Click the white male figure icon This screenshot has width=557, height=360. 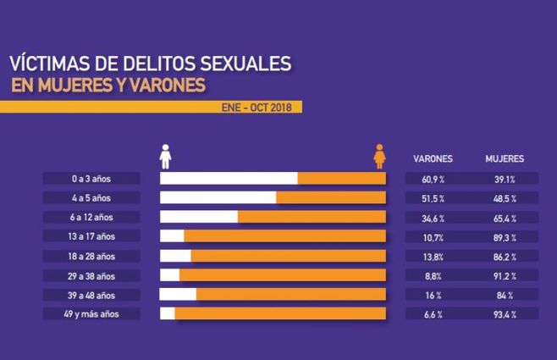(x=166, y=156)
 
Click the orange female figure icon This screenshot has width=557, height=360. (x=381, y=156)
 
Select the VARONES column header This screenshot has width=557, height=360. (x=433, y=158)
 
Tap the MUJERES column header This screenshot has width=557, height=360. (x=505, y=158)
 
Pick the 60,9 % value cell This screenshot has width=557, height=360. (x=433, y=179)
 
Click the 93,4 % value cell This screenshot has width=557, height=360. (x=505, y=313)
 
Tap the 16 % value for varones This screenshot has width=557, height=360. (x=433, y=295)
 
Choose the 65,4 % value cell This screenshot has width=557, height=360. (x=505, y=218)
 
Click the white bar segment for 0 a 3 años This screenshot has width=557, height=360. (x=229, y=179)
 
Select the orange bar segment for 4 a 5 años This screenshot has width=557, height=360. (x=331, y=198)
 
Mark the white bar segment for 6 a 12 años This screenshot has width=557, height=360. (x=199, y=218)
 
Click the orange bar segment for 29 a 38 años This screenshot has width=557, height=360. (x=283, y=275)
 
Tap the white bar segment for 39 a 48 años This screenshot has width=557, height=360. (x=178, y=295)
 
